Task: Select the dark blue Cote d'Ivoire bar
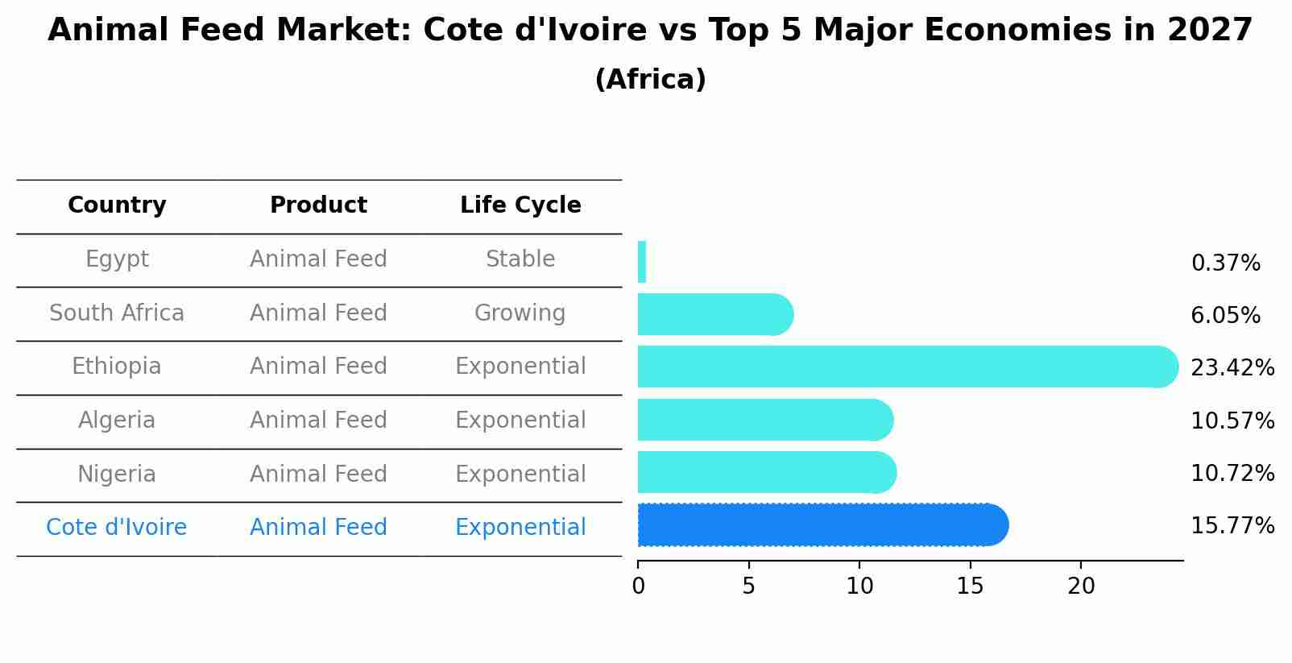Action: [822, 525]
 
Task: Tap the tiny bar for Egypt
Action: [642, 262]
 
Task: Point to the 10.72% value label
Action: [1232, 474]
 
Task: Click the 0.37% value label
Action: [1225, 263]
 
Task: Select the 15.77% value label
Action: [1232, 526]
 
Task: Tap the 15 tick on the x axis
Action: [971, 586]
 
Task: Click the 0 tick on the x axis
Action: [638, 586]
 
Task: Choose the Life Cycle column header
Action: [520, 205]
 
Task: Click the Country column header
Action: [117, 205]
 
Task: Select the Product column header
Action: [318, 205]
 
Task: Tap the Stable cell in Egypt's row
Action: [520, 259]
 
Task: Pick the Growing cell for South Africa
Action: [520, 313]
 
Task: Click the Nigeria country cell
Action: [117, 474]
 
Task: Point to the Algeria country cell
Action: [117, 421]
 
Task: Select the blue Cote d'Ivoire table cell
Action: [117, 528]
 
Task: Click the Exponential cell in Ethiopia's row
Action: [520, 367]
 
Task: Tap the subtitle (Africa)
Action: [650, 80]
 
